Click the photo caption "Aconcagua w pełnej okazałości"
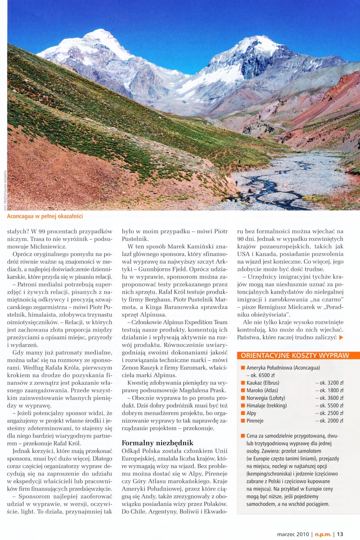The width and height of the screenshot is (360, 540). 45,216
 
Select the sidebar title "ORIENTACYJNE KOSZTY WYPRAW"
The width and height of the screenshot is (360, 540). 295,355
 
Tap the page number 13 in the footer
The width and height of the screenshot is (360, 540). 340,534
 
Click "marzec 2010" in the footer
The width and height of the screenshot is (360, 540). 294,534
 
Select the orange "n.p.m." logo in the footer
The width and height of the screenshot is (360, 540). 322,534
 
